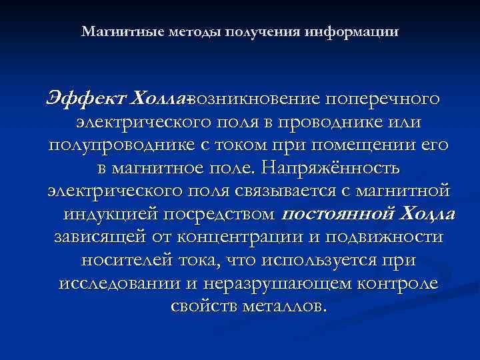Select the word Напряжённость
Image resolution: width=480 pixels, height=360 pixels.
[331, 168]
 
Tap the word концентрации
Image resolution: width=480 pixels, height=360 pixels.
[234, 237]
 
